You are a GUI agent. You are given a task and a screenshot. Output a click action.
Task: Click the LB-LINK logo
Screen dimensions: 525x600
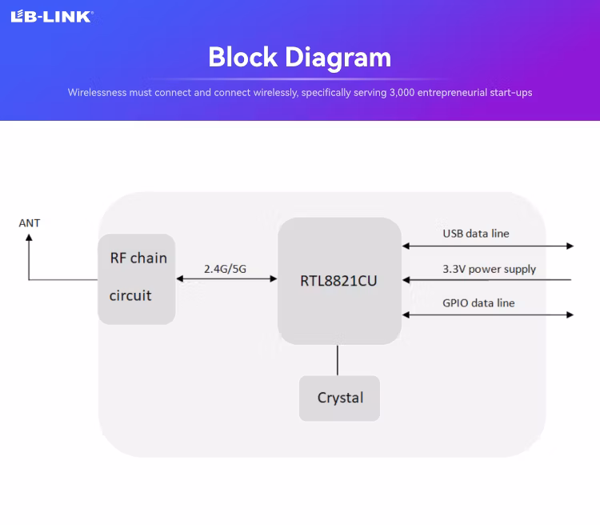click(x=51, y=16)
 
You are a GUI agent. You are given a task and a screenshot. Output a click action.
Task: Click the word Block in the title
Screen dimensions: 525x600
click(x=243, y=58)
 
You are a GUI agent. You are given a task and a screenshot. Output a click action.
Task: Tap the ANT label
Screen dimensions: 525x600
click(x=30, y=223)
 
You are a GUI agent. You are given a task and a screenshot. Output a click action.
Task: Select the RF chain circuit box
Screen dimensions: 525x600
click(x=137, y=279)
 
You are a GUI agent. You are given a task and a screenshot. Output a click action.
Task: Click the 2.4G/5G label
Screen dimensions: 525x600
click(x=225, y=269)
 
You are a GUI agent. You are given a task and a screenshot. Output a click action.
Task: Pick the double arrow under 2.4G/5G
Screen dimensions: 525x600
click(x=226, y=279)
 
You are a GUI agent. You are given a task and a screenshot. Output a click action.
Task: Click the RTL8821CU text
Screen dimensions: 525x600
click(x=338, y=281)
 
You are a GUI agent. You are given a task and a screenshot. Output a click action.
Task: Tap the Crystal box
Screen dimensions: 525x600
click(x=339, y=398)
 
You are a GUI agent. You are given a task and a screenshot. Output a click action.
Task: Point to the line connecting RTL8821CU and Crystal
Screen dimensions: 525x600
click(x=338, y=360)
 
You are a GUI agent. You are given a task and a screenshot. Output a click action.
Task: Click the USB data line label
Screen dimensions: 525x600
click(x=476, y=234)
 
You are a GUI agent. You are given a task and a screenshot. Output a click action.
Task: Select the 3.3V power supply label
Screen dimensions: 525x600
click(x=489, y=269)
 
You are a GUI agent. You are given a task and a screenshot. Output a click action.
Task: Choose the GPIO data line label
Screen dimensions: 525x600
click(x=478, y=303)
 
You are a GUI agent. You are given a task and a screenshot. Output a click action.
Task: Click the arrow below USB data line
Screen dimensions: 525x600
click(x=488, y=246)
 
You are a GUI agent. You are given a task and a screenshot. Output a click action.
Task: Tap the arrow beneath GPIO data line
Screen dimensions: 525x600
click(x=488, y=315)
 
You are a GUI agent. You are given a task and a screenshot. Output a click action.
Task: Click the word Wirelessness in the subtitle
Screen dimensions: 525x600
click(x=98, y=93)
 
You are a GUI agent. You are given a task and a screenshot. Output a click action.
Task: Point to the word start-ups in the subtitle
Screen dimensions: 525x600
click(x=510, y=93)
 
